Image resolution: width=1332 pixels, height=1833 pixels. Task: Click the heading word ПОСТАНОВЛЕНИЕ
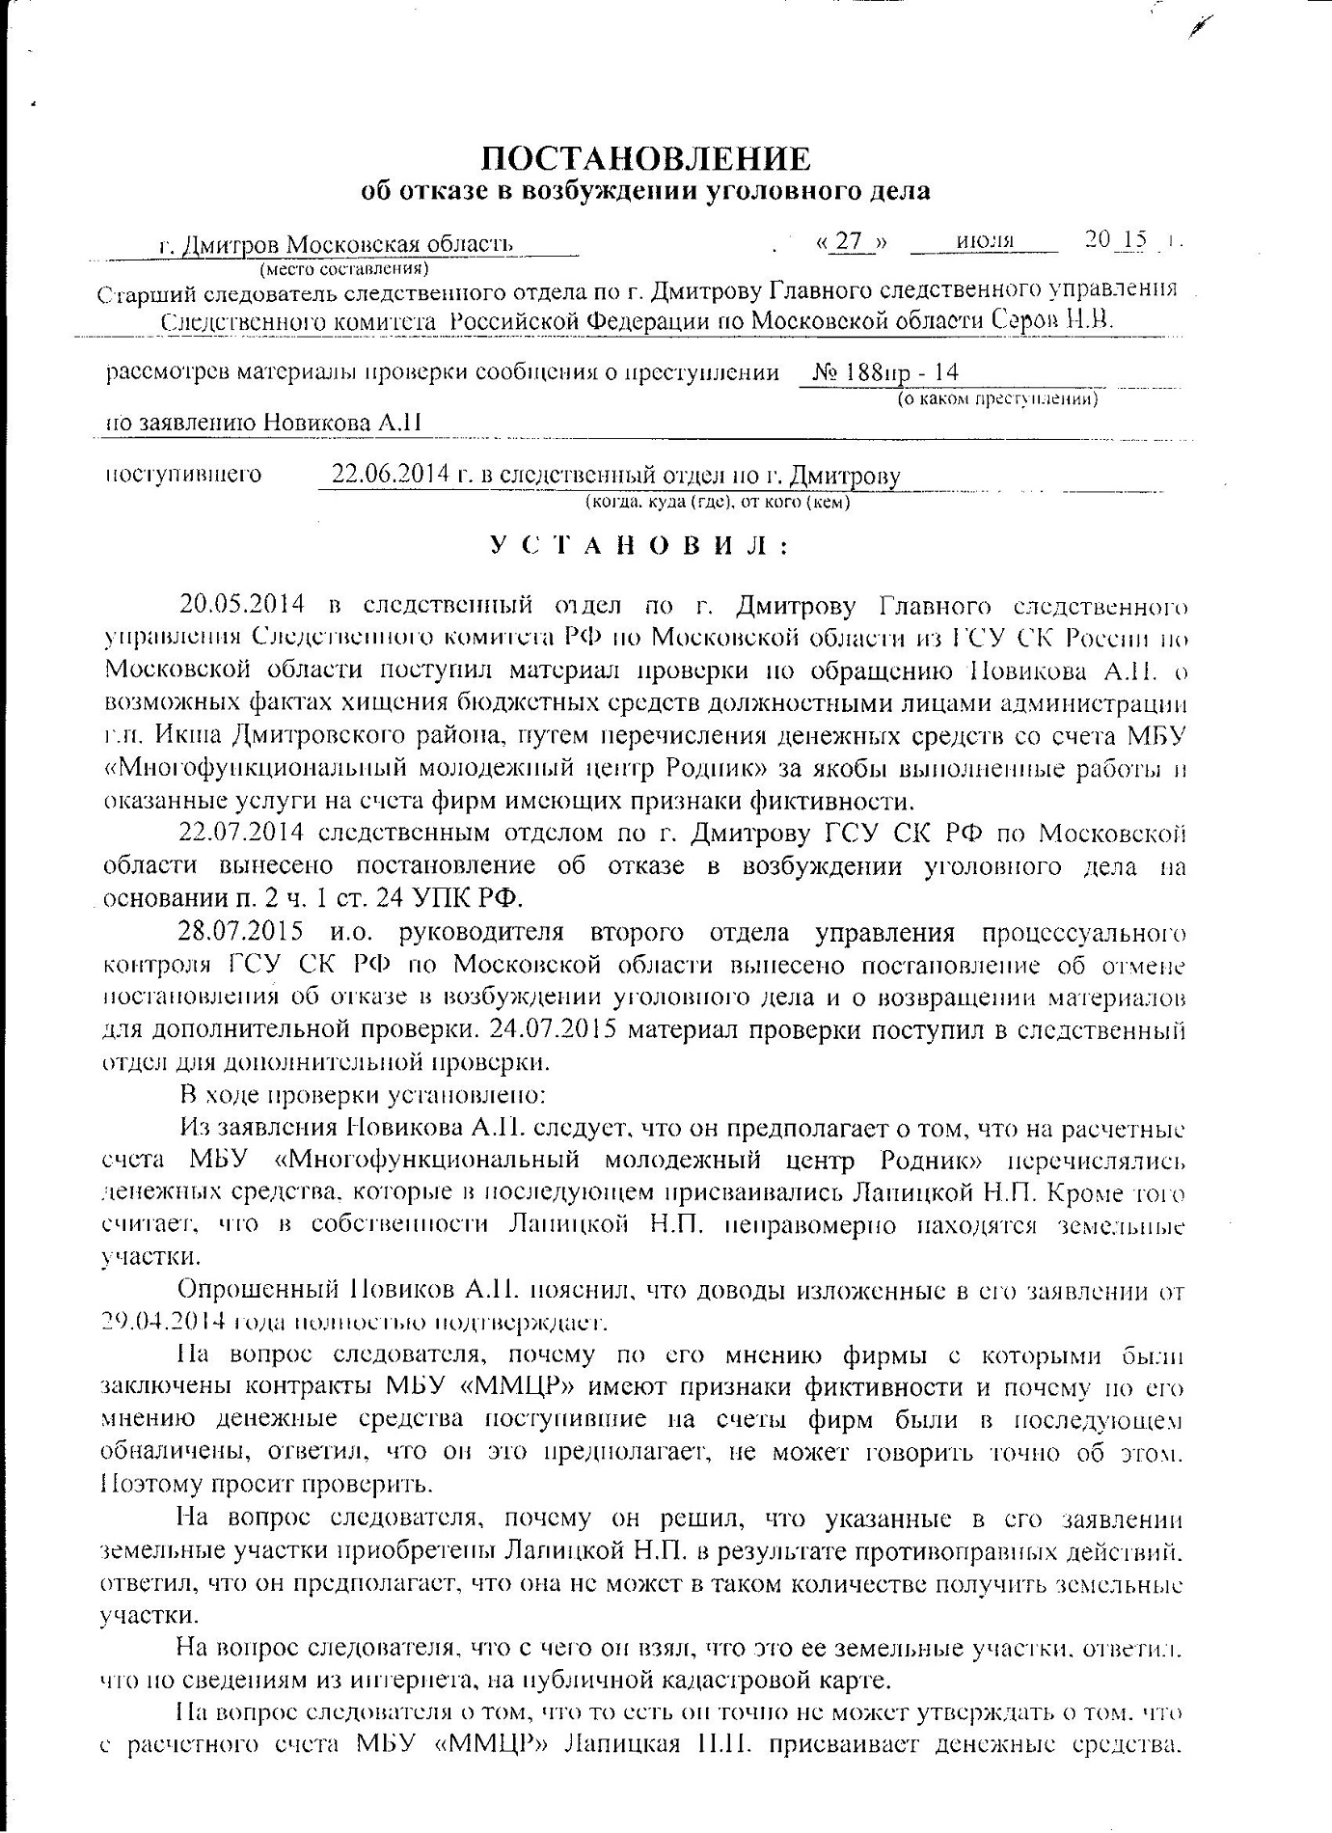pyautogui.click(x=645, y=157)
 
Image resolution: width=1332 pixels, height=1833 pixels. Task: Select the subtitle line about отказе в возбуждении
pyautogui.click(x=645, y=191)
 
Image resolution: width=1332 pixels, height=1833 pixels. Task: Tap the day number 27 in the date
pyautogui.click(x=849, y=241)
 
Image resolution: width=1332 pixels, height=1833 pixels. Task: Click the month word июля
pyautogui.click(x=986, y=241)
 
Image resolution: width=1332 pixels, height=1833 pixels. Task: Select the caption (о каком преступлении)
pyautogui.click(x=996, y=397)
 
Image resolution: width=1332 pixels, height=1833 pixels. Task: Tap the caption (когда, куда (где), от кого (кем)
pyautogui.click(x=718, y=502)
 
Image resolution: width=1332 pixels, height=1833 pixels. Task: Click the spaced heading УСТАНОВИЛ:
pyautogui.click(x=639, y=546)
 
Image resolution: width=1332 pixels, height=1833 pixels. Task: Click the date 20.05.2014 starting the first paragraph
pyautogui.click(x=242, y=605)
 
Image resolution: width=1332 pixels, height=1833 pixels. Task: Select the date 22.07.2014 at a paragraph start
pyautogui.click(x=242, y=833)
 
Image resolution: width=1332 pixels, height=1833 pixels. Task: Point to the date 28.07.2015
pyautogui.click(x=242, y=933)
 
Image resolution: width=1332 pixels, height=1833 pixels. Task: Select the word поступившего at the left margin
pyautogui.click(x=183, y=475)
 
